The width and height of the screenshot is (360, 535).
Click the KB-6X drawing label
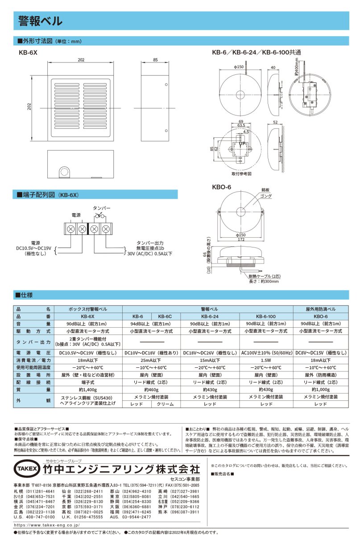pos(28,52)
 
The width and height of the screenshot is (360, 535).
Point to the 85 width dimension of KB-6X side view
pos(155,59)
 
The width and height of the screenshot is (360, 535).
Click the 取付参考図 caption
pos(241,173)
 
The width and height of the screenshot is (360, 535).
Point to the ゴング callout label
pos(266,196)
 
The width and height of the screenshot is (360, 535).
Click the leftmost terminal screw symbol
pos(71,229)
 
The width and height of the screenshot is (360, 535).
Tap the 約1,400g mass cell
pos(87,389)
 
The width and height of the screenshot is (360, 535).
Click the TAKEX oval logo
pos(27,469)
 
